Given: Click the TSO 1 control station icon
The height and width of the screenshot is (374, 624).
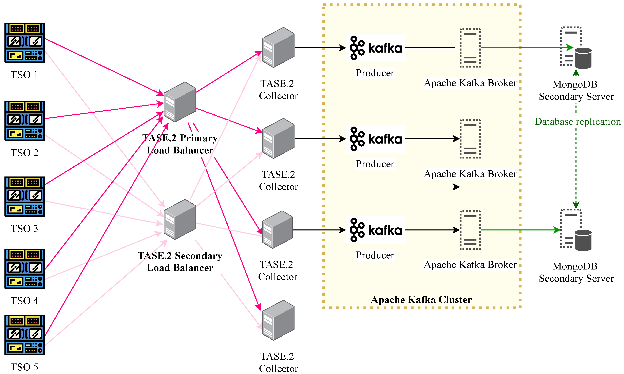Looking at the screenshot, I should (24, 43).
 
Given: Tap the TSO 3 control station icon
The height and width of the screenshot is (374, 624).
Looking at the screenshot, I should (24, 196).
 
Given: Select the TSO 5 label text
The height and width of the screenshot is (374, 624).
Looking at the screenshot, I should (24, 367).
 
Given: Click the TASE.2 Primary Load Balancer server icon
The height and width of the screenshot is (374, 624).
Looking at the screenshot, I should (180, 102).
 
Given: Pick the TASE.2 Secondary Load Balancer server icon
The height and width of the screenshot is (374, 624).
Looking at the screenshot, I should (180, 219).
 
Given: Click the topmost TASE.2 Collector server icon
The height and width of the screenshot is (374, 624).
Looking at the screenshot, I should (278, 47).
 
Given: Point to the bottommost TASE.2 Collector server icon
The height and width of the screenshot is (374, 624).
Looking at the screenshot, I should (278, 320).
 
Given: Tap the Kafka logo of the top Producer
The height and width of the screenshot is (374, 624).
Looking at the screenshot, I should (376, 48).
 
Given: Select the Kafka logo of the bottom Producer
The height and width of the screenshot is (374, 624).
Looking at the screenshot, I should (376, 230).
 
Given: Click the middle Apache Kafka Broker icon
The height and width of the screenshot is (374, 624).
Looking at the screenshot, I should (470, 139).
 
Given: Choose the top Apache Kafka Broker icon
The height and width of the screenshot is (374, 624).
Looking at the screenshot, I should (470, 48).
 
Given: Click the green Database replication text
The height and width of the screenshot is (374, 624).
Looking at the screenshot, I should (577, 122).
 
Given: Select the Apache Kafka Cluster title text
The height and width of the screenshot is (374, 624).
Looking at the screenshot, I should (421, 299).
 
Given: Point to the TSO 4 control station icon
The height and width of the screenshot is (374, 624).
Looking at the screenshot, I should (24, 269).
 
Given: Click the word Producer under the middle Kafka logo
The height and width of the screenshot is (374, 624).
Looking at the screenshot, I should (375, 164).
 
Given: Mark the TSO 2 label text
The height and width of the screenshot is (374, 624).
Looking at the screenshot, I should (24, 153).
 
